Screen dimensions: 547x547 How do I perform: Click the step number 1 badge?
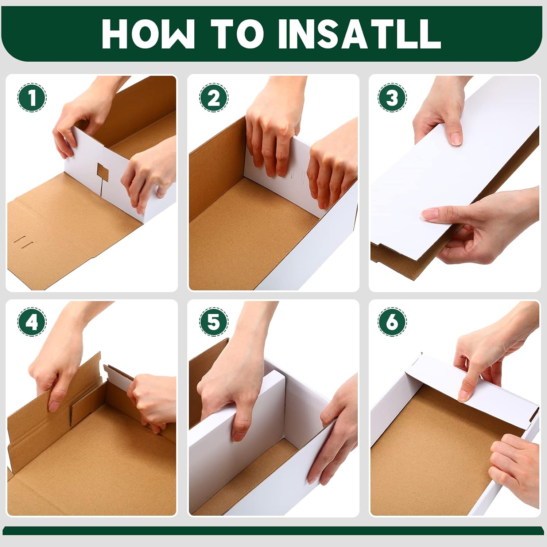point(32,98)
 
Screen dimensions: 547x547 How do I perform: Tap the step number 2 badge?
point(214,98)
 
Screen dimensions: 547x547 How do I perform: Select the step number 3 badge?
point(392,98)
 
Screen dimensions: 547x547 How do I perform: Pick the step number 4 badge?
point(32,322)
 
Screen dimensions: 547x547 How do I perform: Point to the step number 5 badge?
point(214,322)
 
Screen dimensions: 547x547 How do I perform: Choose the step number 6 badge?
point(392,322)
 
